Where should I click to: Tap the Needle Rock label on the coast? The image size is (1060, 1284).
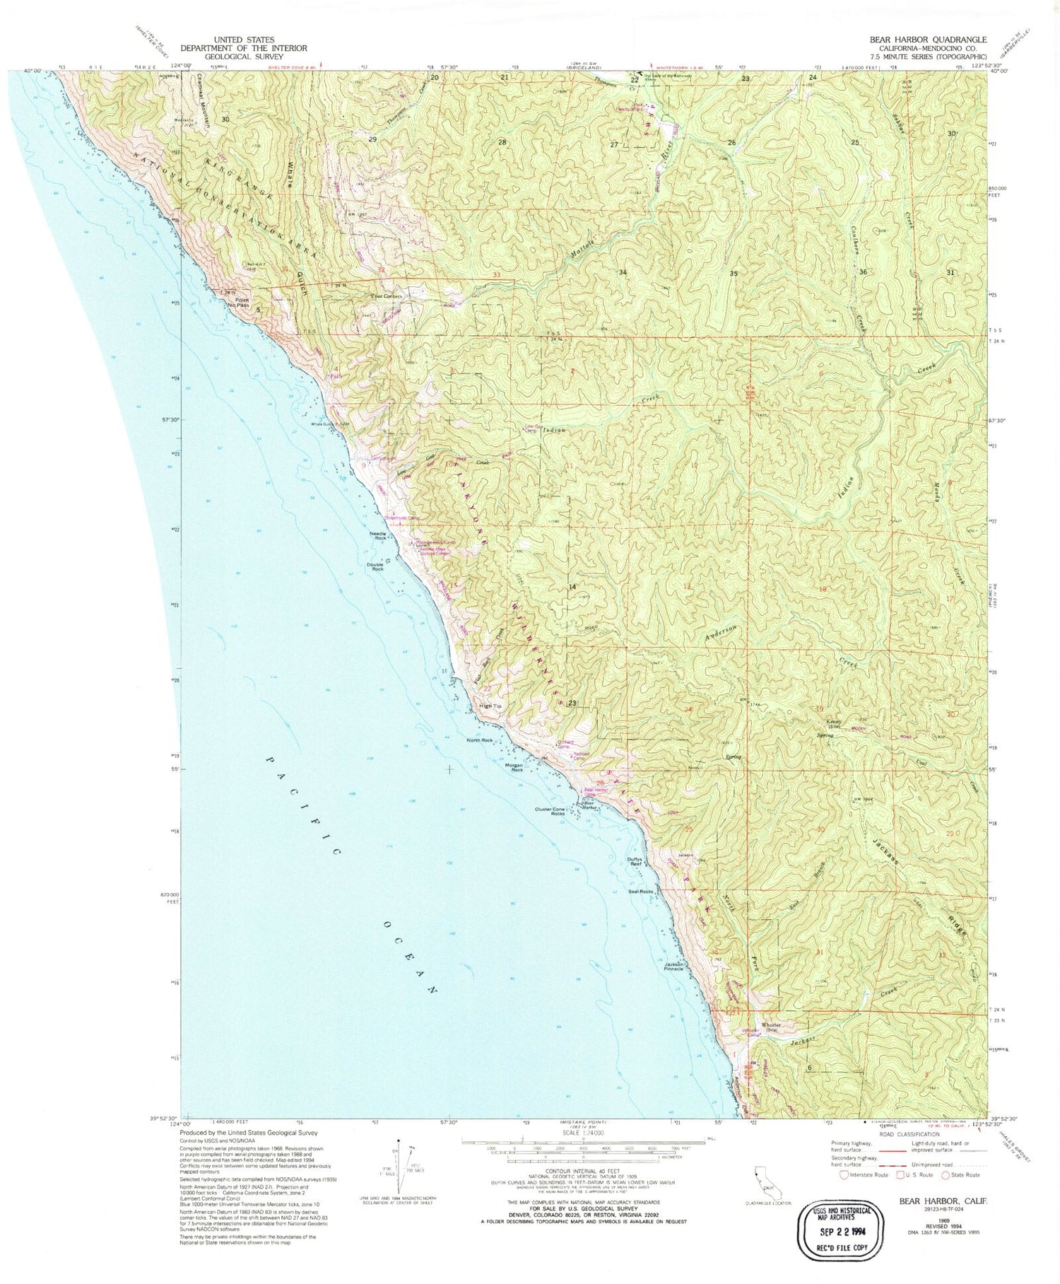(x=377, y=535)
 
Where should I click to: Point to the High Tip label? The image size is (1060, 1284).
(x=489, y=706)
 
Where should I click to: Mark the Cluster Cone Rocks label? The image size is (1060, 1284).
(x=550, y=812)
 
